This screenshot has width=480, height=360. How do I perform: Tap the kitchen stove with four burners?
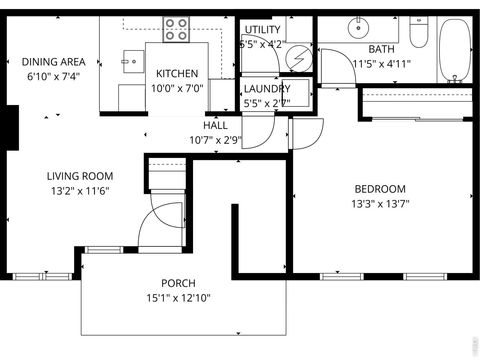[177, 30]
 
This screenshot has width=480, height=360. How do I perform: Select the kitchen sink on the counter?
[131, 61]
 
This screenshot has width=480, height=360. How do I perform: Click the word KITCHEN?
[176, 74]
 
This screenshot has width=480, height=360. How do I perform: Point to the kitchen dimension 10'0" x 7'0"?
[176, 87]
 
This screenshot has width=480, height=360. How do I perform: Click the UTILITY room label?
[262, 30]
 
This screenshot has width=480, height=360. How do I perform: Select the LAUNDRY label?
[267, 88]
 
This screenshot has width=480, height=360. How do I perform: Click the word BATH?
[381, 49]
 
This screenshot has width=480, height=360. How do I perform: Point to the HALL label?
[215, 126]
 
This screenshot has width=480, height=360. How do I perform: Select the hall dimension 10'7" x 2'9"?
[215, 139]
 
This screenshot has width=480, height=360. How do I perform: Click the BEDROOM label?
[380, 189]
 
